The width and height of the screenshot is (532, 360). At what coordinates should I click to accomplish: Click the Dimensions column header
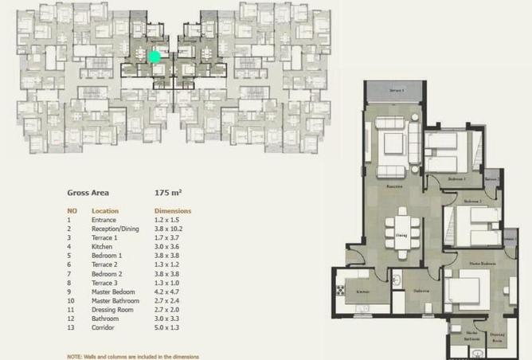coord(171,211)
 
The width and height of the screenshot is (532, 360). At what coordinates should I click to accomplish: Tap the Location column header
coord(105,211)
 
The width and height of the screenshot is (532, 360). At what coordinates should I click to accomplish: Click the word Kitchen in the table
coord(103,246)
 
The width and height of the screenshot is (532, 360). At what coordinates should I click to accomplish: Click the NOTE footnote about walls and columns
coord(133,356)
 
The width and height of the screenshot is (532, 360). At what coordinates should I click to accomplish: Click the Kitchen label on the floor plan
coord(362,293)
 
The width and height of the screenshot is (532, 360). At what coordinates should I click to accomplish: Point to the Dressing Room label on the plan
coord(498,337)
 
